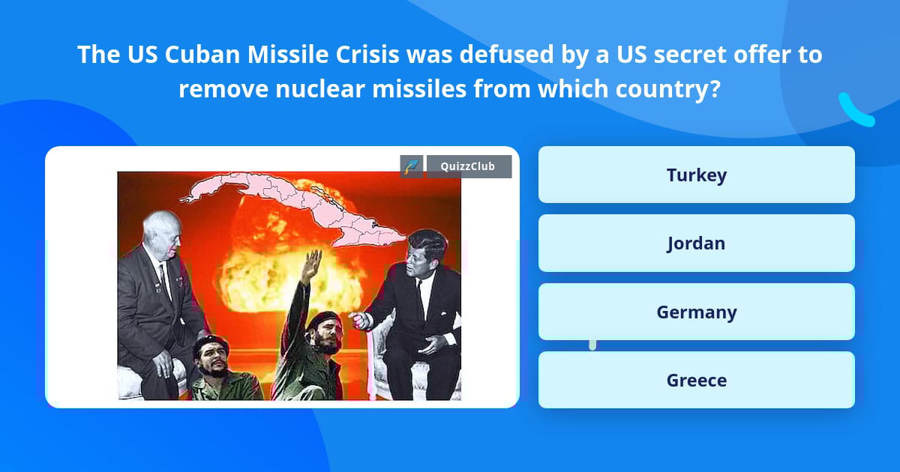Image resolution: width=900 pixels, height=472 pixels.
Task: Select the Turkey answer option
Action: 696,175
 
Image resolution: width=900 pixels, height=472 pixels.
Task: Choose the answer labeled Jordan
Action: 696,243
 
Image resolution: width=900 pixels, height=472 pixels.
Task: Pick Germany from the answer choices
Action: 696,312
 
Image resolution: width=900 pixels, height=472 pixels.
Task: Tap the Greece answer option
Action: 696,381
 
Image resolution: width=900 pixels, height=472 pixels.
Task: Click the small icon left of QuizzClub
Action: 412,166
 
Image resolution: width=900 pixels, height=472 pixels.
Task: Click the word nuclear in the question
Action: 316,89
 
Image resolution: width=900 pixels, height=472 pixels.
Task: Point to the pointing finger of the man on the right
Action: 358,320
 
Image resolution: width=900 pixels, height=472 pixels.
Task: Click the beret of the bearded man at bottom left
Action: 208,343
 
